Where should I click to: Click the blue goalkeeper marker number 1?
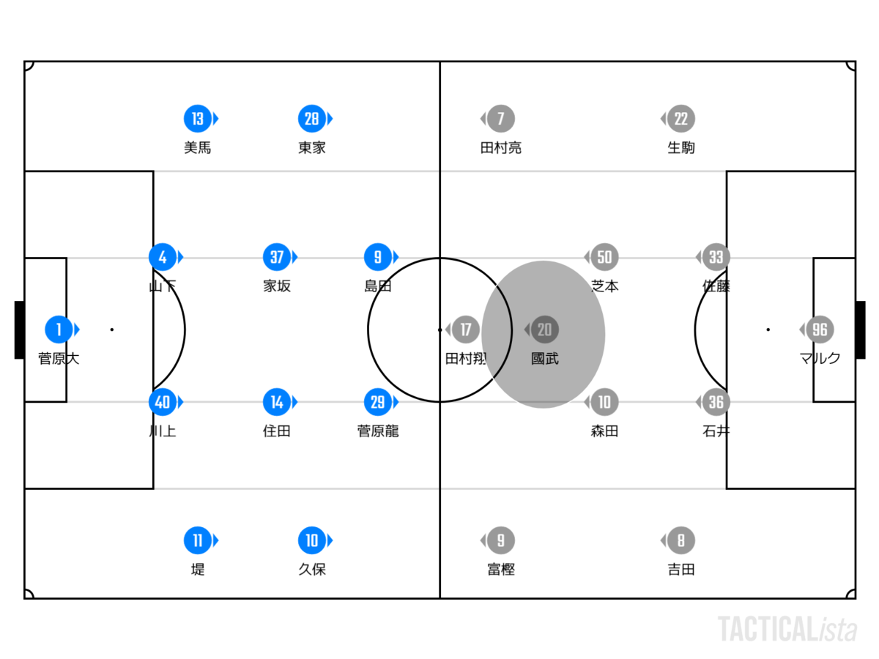[x=59, y=329]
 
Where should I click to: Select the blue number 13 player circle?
[x=198, y=119]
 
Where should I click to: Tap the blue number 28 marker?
[x=312, y=119]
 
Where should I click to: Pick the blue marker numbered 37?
[x=277, y=257]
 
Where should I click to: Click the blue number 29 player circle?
[x=378, y=402]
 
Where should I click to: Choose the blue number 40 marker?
[x=163, y=402]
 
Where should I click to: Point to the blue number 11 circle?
[x=198, y=540]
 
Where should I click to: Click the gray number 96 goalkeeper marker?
[x=820, y=329]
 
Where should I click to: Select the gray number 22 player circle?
[x=680, y=119]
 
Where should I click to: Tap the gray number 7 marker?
[x=501, y=119]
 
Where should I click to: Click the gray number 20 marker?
[x=545, y=329]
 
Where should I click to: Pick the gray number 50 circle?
[x=604, y=257]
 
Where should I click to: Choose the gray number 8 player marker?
[x=680, y=540]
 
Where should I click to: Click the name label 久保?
[x=312, y=569]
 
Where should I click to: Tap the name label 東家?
[x=312, y=148]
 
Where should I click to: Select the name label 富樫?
[x=501, y=569]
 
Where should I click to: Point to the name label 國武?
[x=545, y=359]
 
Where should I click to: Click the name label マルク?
[x=820, y=358]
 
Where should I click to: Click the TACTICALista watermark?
[x=787, y=630]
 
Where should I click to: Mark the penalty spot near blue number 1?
[x=112, y=329]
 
